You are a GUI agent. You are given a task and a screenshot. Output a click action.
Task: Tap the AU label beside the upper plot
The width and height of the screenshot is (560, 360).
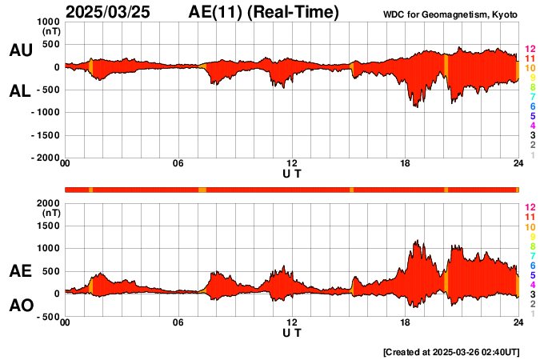20,50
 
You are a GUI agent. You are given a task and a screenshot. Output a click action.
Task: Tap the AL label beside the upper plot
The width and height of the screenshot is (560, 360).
20,91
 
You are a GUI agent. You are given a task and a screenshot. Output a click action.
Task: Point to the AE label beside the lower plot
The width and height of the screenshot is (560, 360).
20,271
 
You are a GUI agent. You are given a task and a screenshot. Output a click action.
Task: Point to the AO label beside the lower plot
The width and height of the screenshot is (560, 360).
20,306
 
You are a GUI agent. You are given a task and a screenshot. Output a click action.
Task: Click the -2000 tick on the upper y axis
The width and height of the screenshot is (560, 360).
45,158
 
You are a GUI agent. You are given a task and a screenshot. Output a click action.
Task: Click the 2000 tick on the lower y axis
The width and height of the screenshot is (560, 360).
48,203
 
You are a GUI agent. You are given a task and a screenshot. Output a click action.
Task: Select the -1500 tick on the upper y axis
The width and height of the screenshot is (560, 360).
45,135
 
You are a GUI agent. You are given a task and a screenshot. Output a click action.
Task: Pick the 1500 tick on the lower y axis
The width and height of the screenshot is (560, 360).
48,226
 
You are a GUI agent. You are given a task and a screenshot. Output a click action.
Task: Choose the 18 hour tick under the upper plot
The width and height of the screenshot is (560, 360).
406,164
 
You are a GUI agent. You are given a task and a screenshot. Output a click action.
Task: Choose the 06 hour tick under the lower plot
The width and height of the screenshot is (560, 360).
178,322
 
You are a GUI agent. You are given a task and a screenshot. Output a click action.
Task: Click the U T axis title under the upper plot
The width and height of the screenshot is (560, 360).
292,173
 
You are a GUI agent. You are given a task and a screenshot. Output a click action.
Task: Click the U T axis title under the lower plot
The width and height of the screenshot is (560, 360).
292,332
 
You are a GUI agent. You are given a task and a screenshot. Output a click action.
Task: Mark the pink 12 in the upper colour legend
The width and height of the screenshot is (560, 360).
529,50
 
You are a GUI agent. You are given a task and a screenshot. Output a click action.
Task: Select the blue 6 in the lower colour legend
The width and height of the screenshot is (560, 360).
531,265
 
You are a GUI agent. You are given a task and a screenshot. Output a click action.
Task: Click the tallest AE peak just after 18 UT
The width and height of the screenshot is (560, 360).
417,240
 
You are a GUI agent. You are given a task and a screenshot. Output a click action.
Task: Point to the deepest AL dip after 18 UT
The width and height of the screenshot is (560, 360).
415,106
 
